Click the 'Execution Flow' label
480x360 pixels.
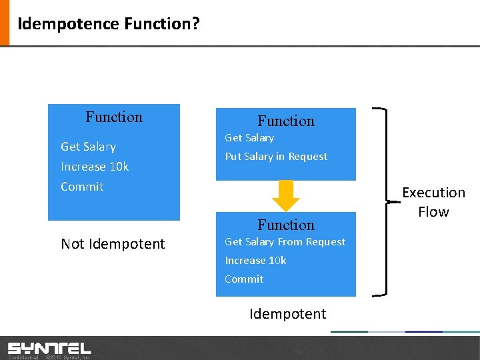(x=433, y=202)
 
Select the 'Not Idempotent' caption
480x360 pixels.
(x=113, y=244)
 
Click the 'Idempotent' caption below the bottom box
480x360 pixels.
(x=287, y=314)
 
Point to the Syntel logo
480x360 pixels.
(x=49, y=348)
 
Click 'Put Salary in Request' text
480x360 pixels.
(x=276, y=157)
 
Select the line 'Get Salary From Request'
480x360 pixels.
(x=285, y=242)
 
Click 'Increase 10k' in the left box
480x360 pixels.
(x=95, y=167)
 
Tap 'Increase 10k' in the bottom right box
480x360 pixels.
(x=255, y=261)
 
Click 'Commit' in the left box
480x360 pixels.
(x=82, y=187)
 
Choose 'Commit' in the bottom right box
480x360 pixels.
(x=244, y=279)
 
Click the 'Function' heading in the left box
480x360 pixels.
(x=114, y=117)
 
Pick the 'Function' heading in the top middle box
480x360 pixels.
(x=286, y=121)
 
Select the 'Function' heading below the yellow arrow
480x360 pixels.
(x=286, y=225)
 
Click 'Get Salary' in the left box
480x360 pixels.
(x=88, y=147)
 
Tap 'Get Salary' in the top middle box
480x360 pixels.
(x=249, y=138)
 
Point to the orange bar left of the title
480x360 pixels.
(x=5, y=23)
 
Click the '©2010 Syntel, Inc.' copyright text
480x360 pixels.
(x=67, y=357)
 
